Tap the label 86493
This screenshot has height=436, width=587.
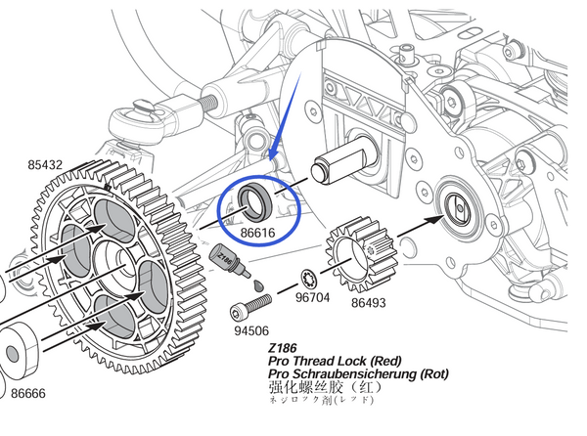[368, 304]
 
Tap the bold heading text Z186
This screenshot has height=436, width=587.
[284, 346]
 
